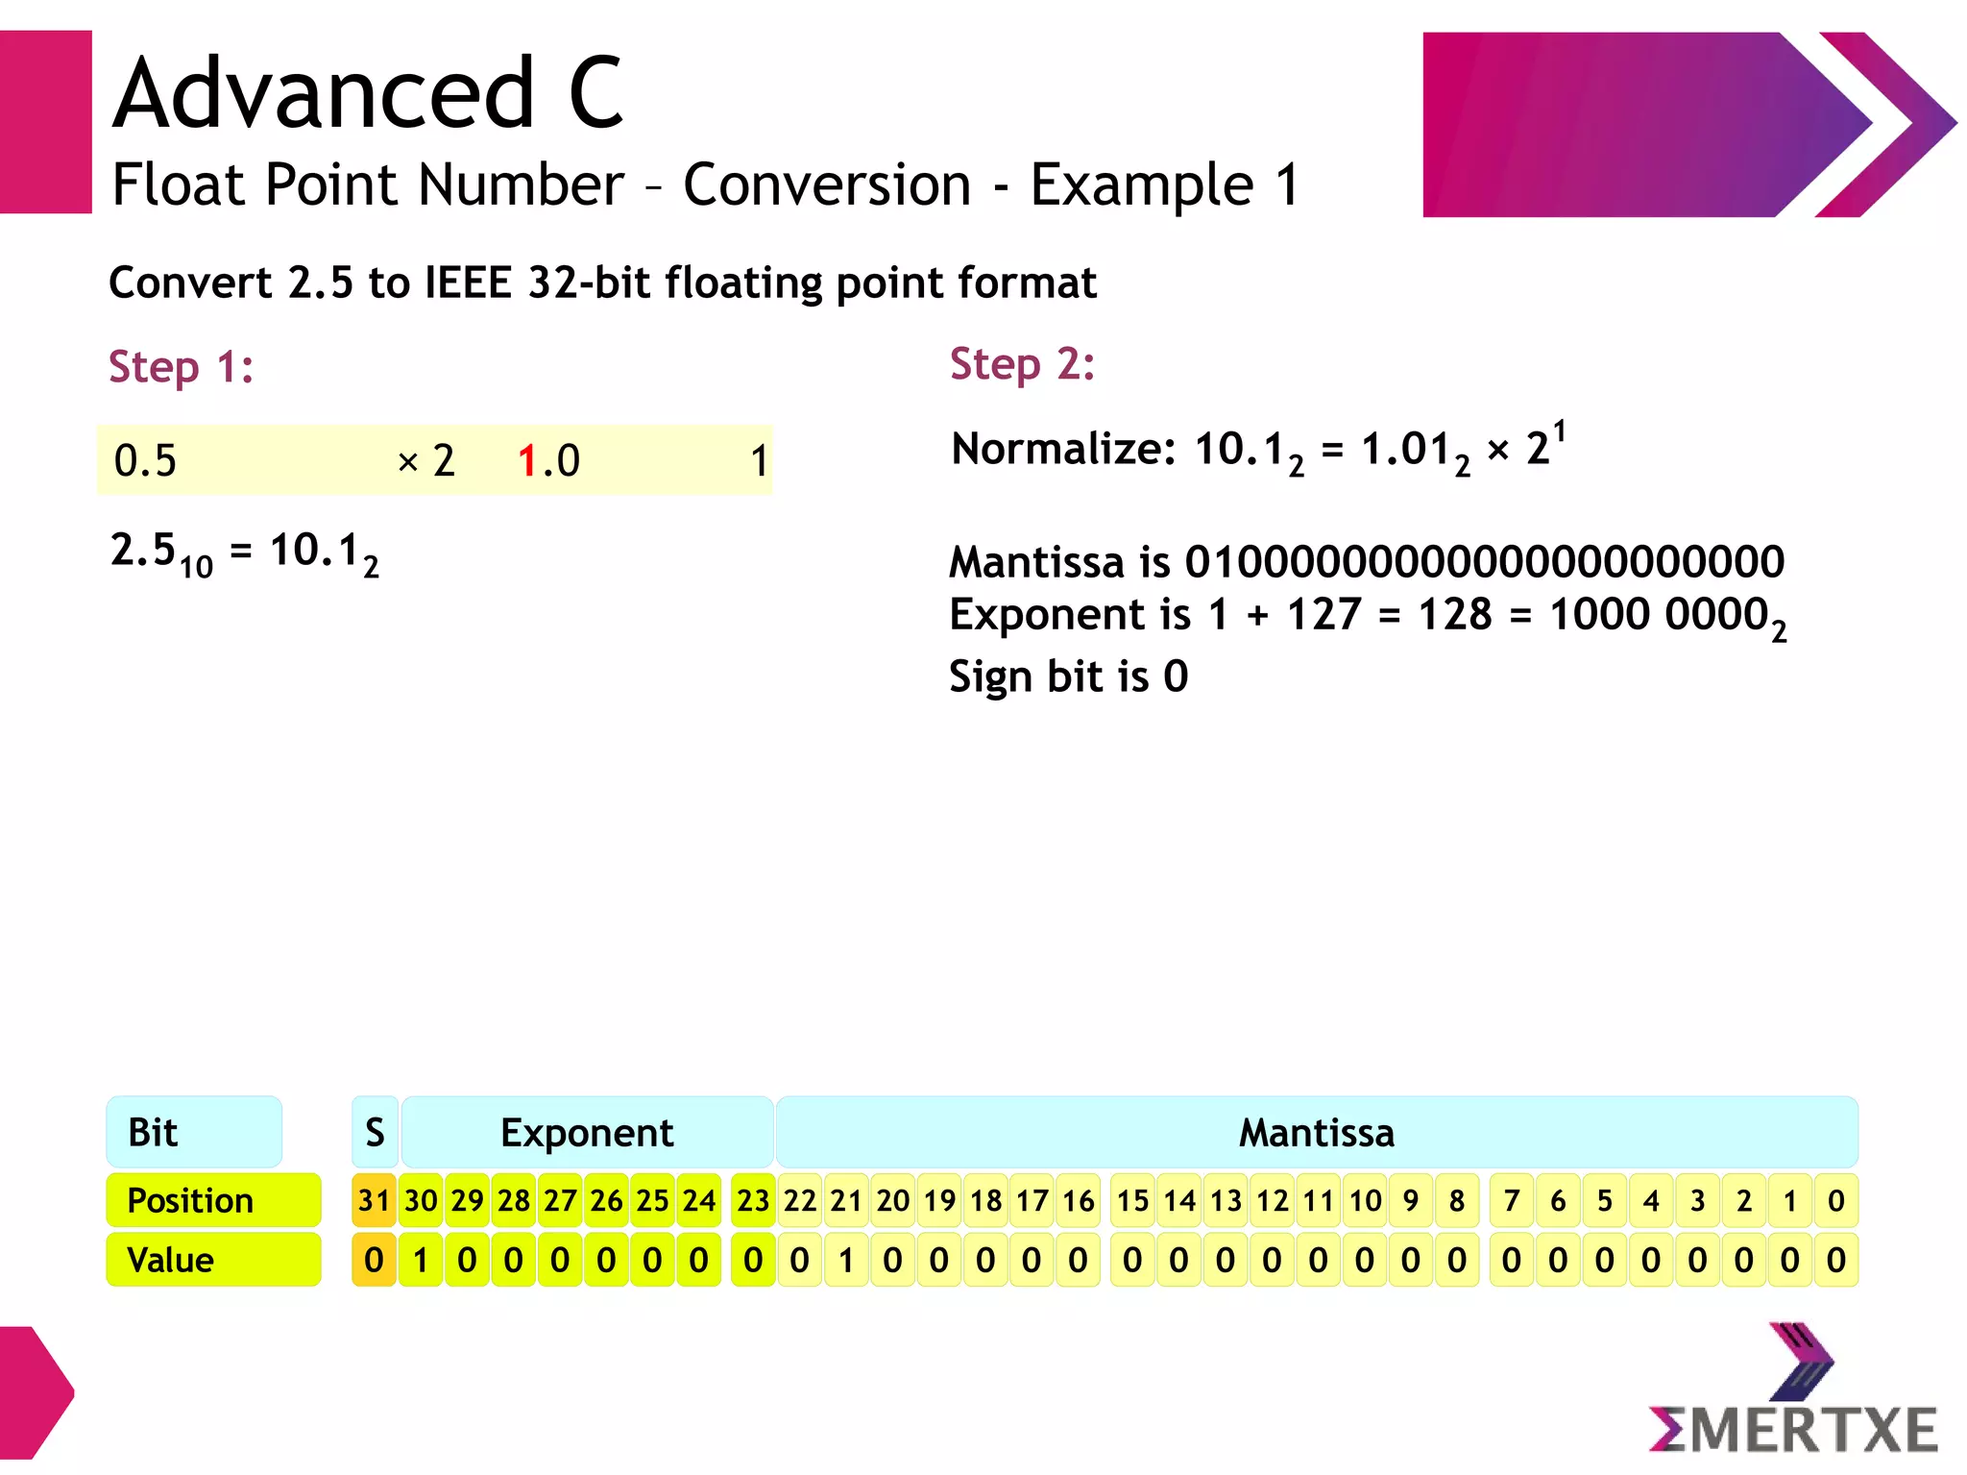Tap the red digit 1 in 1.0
[x=526, y=461]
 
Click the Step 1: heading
[x=181, y=367]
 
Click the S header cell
[x=375, y=1132]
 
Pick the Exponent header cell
[x=587, y=1132]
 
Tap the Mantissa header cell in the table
[x=1316, y=1132]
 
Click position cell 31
[x=374, y=1200]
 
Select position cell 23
[x=753, y=1200]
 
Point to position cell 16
[x=1078, y=1200]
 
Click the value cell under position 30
[x=421, y=1260]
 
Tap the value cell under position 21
[x=846, y=1260]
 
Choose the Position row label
[x=213, y=1200]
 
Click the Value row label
[x=213, y=1260]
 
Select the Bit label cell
[x=194, y=1132]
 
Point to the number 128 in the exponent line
[x=1455, y=614]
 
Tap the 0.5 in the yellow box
[x=145, y=461]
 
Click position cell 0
[x=1835, y=1200]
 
